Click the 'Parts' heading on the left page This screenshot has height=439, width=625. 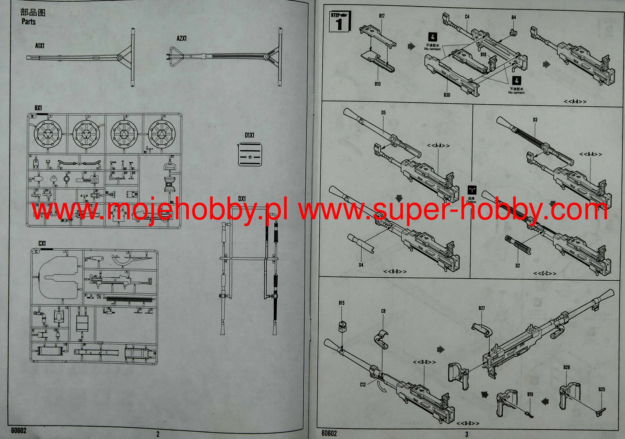[29, 22]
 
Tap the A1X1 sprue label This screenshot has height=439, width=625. [40, 46]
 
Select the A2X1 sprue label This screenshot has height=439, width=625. [182, 38]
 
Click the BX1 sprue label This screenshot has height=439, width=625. [38, 108]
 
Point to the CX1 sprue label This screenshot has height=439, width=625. [42, 243]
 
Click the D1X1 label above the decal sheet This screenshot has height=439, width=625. [249, 135]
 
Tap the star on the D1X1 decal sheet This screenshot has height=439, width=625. [250, 157]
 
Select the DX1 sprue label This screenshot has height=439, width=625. [242, 199]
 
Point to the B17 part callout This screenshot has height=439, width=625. [381, 16]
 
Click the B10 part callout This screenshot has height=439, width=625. [378, 84]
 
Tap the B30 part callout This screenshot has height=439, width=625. [447, 95]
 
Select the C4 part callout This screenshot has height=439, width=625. [467, 17]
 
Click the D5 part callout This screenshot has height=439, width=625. [383, 113]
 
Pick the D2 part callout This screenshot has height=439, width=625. [518, 266]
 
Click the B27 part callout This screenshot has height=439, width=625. [482, 308]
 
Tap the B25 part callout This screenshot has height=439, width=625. [602, 390]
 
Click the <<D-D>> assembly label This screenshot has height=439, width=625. [468, 423]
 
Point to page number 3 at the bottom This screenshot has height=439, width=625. [467, 434]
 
